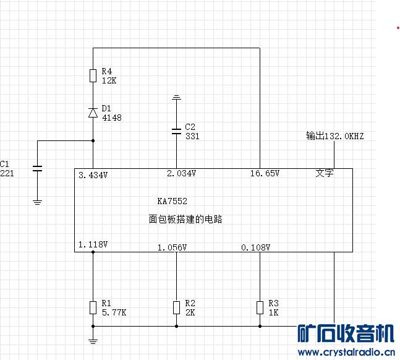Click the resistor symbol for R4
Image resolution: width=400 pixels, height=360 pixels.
point(93,75)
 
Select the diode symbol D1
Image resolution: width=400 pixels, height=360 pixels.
point(93,113)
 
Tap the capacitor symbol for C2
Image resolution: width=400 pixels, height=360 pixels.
point(176,132)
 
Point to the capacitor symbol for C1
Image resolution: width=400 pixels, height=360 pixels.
point(37,168)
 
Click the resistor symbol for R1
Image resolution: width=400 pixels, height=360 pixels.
point(93,307)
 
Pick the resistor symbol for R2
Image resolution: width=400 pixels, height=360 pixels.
point(176,307)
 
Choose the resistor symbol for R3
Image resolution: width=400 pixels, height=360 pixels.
point(260,307)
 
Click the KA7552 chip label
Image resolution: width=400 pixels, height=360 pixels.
point(172,201)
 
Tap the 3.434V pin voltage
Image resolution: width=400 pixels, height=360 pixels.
point(93,175)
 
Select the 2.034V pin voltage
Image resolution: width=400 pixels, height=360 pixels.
point(181,173)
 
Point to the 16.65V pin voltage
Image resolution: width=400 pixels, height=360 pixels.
point(265,173)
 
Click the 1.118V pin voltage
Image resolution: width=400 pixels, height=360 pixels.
point(93,244)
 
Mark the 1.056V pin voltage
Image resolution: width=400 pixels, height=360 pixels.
point(172,247)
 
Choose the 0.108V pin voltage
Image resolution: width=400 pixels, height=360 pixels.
point(255,247)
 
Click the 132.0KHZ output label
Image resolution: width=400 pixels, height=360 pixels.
point(344,136)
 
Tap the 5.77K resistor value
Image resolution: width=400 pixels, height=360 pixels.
point(114,312)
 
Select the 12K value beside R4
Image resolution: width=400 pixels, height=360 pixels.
point(109,80)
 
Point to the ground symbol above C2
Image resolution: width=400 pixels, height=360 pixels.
point(176,97)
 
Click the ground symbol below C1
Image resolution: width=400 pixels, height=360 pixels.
point(37,202)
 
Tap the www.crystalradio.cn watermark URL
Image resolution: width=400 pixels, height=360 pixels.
point(346,353)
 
